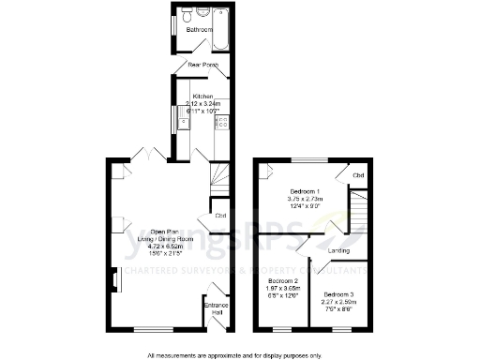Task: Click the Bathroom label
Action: coord(198,30)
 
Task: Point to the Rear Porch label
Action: coord(203,65)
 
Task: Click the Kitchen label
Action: coord(203,97)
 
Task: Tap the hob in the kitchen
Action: coord(222,121)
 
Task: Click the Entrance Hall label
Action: coord(216,308)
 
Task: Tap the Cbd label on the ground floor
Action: coord(220,217)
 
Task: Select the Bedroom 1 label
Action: coord(306,191)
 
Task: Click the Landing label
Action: coord(338,250)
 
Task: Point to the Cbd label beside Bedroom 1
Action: coord(357,175)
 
